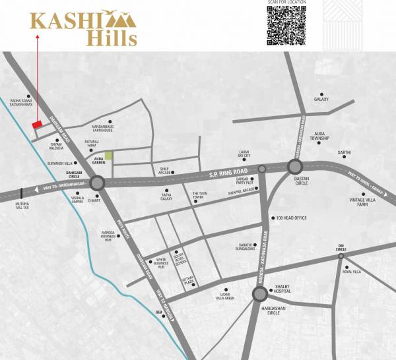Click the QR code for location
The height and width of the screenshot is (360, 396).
288,24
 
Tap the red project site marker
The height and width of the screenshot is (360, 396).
38,123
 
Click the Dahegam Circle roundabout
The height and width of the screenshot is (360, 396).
98,184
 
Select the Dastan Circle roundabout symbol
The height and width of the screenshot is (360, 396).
294,165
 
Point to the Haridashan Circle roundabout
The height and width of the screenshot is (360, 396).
259,292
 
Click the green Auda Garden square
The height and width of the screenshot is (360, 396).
109,156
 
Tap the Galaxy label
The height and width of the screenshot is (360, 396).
321,99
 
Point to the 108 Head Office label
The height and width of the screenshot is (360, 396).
290,218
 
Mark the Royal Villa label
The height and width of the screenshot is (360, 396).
352,272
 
